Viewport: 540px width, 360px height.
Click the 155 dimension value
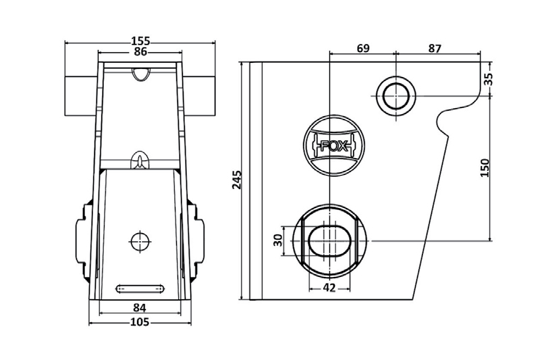tap(140, 41)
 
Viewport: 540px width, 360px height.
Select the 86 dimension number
tap(140, 51)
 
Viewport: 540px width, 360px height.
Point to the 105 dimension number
tap(140, 322)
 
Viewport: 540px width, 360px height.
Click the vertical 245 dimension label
tap(237, 180)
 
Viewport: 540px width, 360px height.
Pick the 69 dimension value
tap(362, 49)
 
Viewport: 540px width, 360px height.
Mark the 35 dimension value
tap(488, 80)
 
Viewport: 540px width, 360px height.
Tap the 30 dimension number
tap(277, 241)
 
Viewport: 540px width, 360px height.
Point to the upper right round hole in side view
tap(396, 95)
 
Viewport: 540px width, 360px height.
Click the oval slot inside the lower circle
tap(329, 240)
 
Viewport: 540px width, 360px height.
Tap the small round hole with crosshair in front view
tap(140, 239)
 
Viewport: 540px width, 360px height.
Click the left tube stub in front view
tap(80, 95)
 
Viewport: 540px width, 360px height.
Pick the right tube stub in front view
tap(200, 95)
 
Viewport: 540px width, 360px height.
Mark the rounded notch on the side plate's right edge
tap(445, 121)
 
